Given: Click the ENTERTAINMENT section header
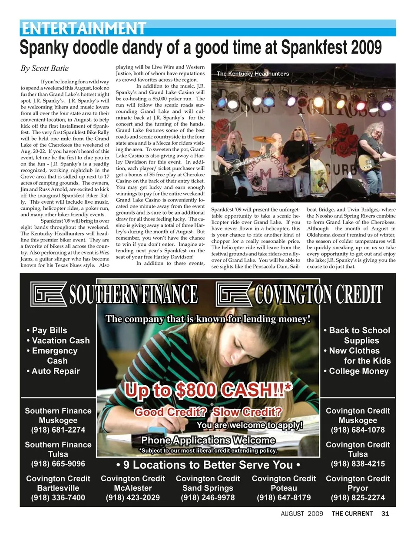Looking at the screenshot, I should tap(83, 28).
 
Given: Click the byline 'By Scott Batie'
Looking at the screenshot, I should tap(44, 68).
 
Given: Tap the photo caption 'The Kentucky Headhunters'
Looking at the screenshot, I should tap(253, 74).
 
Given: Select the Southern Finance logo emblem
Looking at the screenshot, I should tap(49, 294).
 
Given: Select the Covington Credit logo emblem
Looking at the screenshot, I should tap(234, 294).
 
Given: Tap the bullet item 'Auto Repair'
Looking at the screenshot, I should tap(56, 371).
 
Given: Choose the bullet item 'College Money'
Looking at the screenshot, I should tap(358, 371).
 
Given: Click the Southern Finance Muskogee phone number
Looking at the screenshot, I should tap(58, 430).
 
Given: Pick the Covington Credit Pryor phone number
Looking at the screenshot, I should tap(358, 497).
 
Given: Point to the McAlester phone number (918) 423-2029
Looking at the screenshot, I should tap(133, 497).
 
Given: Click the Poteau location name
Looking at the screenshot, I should tap(284, 488).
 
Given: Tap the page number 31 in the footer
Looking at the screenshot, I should tap(385, 513).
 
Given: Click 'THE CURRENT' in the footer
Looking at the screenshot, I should tap(352, 513).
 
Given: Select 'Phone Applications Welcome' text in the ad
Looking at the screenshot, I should tap(208, 440).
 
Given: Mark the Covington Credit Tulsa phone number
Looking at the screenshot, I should tap(358, 463).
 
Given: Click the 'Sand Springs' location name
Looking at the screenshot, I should tap(208, 488).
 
